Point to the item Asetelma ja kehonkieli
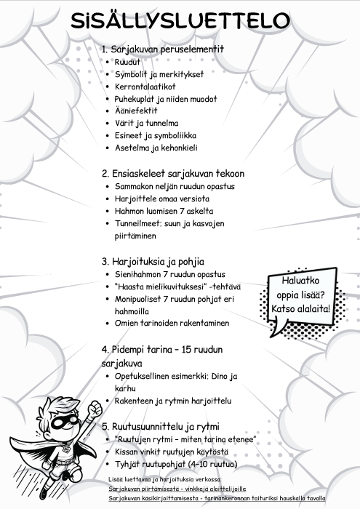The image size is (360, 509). (x=156, y=148)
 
